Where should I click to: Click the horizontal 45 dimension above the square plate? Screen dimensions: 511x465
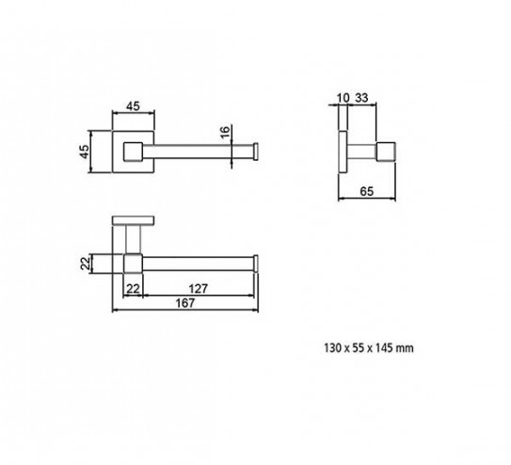[x=133, y=106]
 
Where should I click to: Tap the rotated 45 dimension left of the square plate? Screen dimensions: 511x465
[x=84, y=152]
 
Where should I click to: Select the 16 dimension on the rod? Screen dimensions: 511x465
[x=225, y=133]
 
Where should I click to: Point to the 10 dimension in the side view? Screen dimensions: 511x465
[x=343, y=98]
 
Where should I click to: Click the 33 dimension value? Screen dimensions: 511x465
[x=361, y=98]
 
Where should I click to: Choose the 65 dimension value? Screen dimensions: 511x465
[x=367, y=191]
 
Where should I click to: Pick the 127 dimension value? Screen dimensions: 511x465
[x=199, y=289]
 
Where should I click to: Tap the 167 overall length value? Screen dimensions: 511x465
[x=185, y=303]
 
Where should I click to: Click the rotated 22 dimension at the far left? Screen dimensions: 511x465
[x=85, y=264]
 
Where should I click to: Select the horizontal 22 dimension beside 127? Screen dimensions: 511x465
[x=133, y=289]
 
